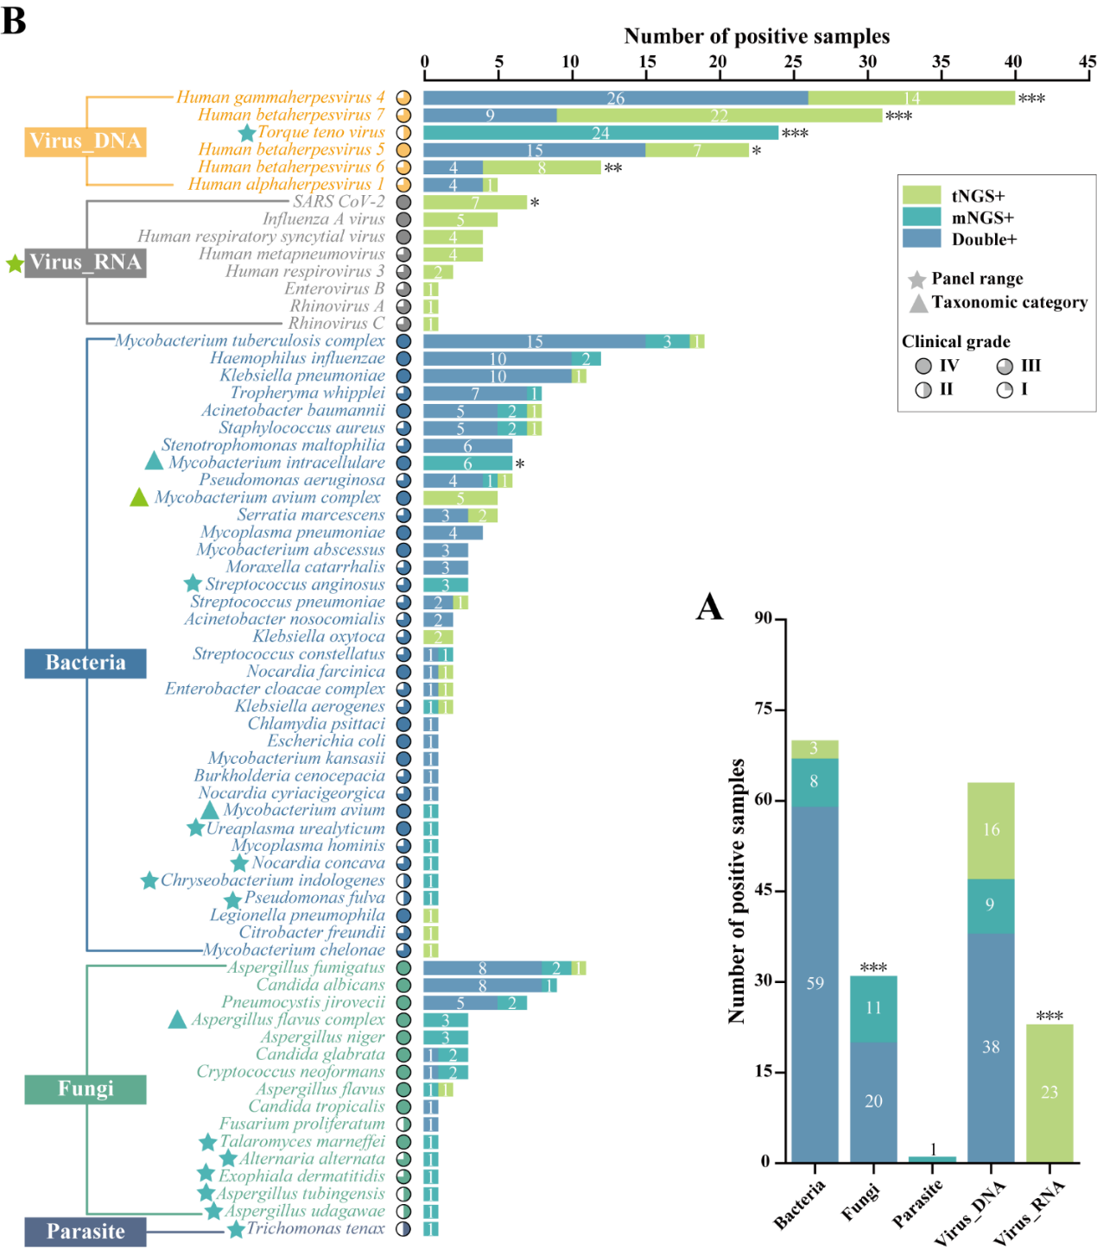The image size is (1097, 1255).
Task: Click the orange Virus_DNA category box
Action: (x=86, y=141)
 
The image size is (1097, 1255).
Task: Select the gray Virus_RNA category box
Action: (x=86, y=262)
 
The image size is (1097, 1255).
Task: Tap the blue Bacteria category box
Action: (x=86, y=663)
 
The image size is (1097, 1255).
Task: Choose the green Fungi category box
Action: (x=86, y=1089)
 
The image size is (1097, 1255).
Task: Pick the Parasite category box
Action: (x=86, y=1232)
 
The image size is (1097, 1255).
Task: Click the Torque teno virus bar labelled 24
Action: (x=601, y=133)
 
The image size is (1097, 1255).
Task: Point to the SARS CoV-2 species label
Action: (x=339, y=202)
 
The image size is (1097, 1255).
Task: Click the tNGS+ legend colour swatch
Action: (x=921, y=195)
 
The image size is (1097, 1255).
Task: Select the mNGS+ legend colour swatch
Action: (x=921, y=217)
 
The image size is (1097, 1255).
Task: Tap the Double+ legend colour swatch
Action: (x=921, y=238)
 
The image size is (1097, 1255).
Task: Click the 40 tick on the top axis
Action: (x=1013, y=61)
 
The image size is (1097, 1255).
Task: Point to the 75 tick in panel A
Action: (x=763, y=709)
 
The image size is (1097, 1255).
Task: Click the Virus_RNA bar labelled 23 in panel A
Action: (x=1049, y=1093)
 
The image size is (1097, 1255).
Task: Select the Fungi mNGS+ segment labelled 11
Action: (x=873, y=1008)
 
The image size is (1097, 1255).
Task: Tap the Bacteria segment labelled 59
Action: (x=815, y=983)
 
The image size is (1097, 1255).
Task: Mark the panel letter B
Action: (x=15, y=21)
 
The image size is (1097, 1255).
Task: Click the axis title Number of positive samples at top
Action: (x=757, y=36)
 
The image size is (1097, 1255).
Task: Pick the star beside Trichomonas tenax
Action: (x=236, y=1229)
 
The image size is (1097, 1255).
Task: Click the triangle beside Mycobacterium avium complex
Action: (x=139, y=497)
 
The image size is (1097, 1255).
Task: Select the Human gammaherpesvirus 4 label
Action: (x=280, y=98)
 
